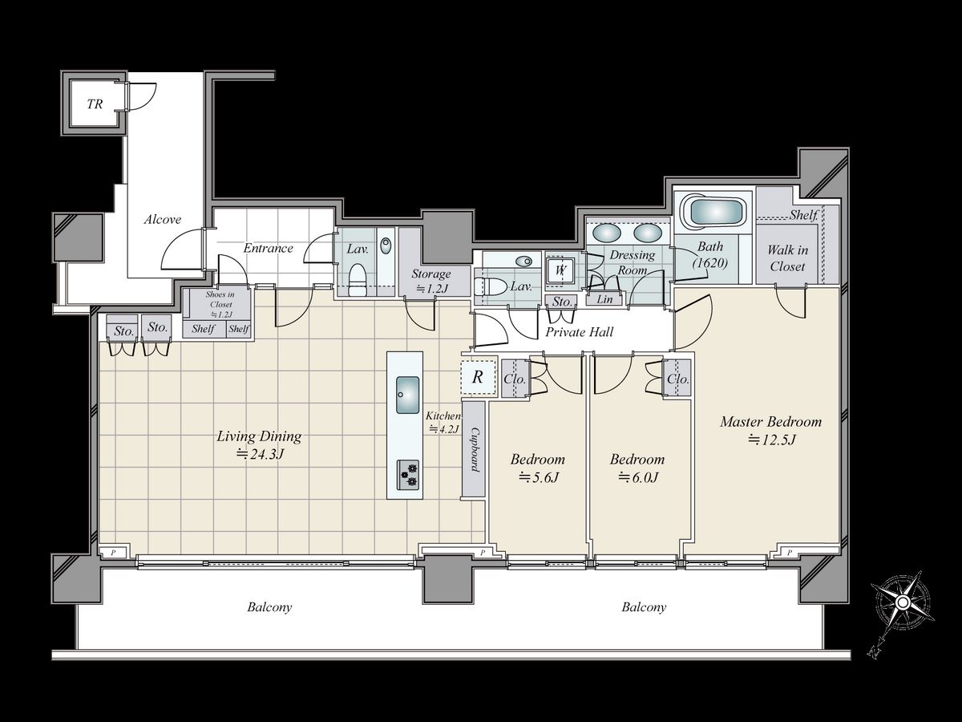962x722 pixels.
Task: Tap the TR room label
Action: [95, 104]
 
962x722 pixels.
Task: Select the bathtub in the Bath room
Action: [713, 212]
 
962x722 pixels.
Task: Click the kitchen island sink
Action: [407, 395]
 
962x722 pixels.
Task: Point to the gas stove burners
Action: [407, 475]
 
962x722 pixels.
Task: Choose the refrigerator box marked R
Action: [478, 377]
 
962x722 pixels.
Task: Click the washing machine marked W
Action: [560, 270]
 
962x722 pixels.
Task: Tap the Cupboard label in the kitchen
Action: [475, 449]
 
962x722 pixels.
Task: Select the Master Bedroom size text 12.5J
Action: [771, 440]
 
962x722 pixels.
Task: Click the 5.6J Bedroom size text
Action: [538, 477]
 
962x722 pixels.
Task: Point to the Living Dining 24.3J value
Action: [260, 455]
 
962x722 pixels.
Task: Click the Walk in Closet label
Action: [787, 258]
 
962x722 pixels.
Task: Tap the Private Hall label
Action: [579, 332]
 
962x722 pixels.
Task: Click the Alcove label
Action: [163, 219]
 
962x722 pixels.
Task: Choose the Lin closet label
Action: [604, 299]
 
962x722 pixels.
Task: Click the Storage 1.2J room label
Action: [430, 281]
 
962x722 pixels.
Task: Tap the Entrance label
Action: [268, 249]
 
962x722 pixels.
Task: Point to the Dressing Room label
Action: [633, 262]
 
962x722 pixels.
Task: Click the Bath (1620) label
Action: [710, 254]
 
